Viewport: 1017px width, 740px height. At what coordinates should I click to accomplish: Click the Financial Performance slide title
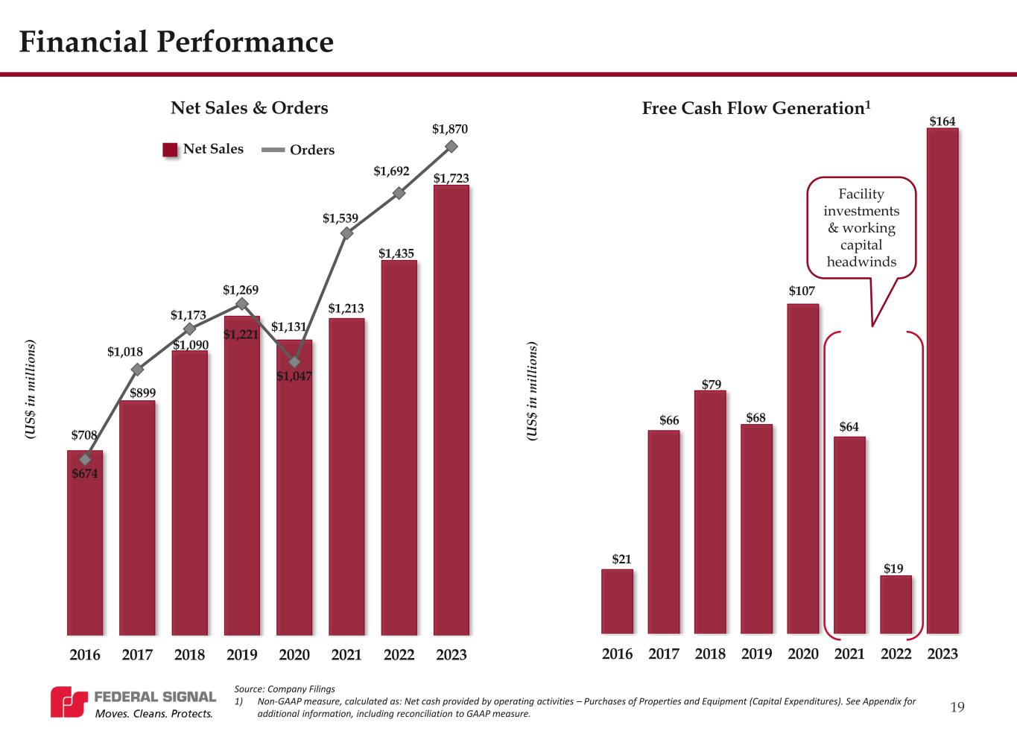176,42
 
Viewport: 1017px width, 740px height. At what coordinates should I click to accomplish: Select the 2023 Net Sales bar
451,410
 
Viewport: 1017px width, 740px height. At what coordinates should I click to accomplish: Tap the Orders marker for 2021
346,233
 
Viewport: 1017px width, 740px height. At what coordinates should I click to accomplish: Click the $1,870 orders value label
450,130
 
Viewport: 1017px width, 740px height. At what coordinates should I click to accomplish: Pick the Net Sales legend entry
203,149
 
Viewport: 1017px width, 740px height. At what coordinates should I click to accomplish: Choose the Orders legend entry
300,150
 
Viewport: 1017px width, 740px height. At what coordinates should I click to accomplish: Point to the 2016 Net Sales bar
85,544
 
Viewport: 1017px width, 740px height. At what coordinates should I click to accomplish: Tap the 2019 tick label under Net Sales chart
241,654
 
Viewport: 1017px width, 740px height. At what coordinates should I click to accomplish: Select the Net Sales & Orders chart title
250,108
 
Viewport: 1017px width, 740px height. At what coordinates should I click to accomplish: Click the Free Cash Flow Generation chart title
756,108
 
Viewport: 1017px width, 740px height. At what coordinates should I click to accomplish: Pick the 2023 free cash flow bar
942,380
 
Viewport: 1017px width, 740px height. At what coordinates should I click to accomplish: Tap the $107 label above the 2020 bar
802,291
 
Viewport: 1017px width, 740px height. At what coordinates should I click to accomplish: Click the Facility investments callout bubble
861,227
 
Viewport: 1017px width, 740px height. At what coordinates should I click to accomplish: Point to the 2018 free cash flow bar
710,512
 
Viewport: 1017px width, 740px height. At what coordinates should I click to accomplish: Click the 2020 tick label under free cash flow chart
802,654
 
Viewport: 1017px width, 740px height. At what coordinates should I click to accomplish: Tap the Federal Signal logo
133,703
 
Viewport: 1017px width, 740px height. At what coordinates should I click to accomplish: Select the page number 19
957,706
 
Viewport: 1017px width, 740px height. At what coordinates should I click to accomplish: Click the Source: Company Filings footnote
285,689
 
